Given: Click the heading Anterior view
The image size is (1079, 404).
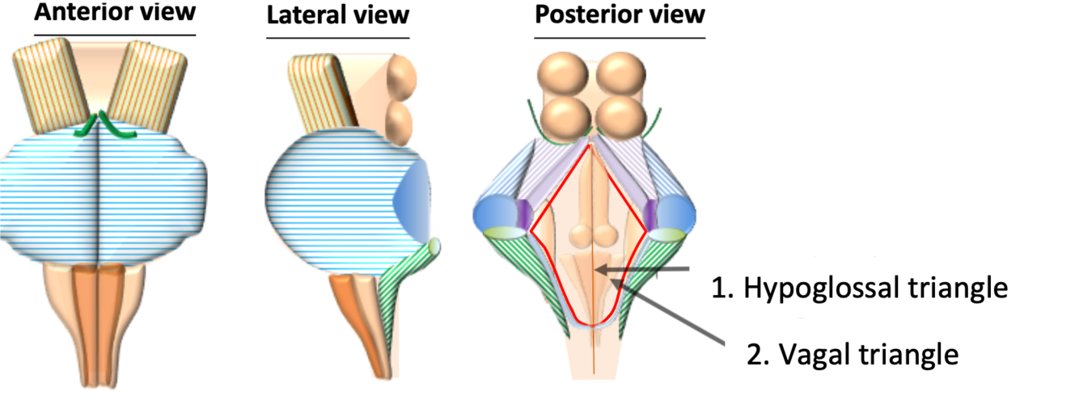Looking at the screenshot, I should [x=115, y=15].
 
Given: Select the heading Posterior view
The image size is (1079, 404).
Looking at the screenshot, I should [x=620, y=15].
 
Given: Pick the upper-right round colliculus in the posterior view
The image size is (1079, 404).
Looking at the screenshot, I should [x=624, y=75].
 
